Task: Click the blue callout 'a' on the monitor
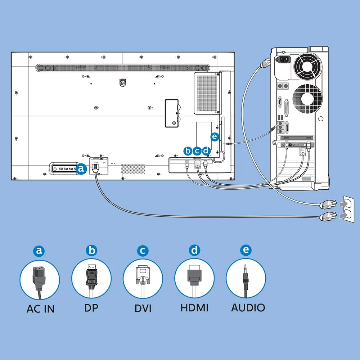[x=82, y=168]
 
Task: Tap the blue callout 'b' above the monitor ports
[x=188, y=151]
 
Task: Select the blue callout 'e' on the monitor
[x=215, y=136]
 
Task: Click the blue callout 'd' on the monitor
[x=206, y=151]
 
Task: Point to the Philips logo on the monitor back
[x=123, y=82]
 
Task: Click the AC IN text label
[x=40, y=309]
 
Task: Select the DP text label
[x=91, y=308]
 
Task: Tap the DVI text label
[x=143, y=309]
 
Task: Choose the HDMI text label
[x=194, y=308]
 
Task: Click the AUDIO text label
[x=248, y=308]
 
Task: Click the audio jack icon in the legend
[x=246, y=279]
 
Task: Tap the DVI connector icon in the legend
[x=143, y=279]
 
